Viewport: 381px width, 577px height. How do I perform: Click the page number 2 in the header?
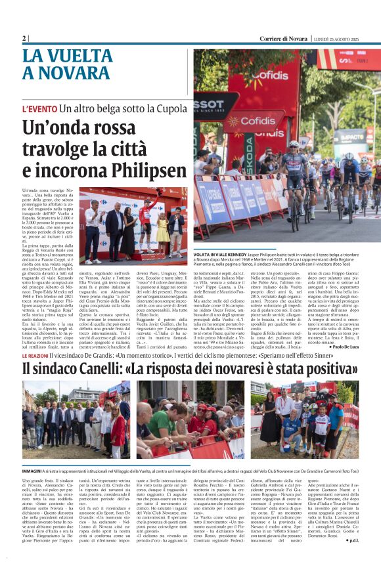pos(24,38)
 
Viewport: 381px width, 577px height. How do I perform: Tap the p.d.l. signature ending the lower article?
pos(350,559)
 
